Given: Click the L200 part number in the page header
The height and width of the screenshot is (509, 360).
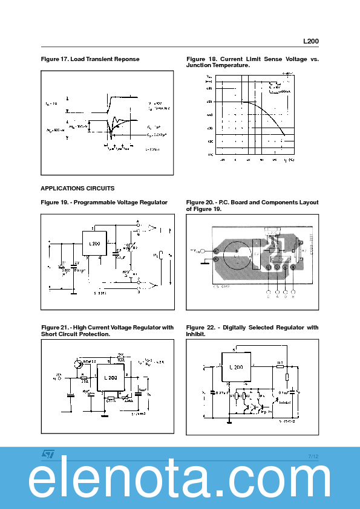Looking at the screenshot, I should [311, 41].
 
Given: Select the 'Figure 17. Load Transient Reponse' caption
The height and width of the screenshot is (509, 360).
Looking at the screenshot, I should [90, 59].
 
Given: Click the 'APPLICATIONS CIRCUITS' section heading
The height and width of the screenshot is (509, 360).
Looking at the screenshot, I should [77, 188].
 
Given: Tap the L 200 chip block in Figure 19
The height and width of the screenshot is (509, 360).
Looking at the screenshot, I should [94, 242].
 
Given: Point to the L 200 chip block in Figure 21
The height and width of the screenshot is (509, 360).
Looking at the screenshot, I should [111, 376].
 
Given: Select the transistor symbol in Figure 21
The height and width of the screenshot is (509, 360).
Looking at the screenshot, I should [77, 365].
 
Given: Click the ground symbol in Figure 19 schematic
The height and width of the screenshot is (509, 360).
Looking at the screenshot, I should [73, 293].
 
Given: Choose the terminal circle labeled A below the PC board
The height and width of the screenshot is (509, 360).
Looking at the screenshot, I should [277, 296].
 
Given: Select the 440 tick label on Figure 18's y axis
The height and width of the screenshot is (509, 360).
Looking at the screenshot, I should [209, 115].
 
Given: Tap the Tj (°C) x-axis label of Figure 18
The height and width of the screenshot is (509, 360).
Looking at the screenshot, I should [290, 160].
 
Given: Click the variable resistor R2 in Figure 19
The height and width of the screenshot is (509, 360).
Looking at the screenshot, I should [128, 247].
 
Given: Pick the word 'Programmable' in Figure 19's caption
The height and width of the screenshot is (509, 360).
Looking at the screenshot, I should [91, 202].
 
